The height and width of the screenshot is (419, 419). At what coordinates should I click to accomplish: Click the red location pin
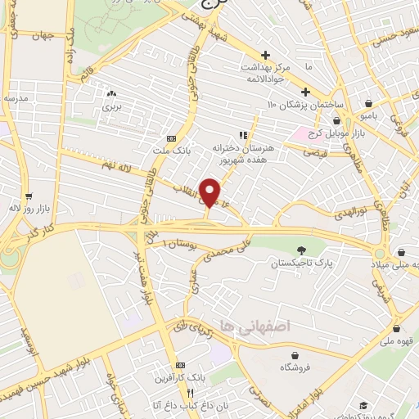point(210,191)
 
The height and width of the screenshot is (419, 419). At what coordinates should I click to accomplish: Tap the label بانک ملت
point(171,151)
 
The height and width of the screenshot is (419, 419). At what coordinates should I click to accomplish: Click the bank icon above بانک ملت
point(171,138)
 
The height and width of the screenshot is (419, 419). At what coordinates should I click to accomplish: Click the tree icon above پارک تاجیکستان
point(302,250)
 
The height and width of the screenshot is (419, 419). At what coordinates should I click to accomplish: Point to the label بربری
point(111,107)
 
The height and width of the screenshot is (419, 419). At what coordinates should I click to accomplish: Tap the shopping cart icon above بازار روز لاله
point(29,196)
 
